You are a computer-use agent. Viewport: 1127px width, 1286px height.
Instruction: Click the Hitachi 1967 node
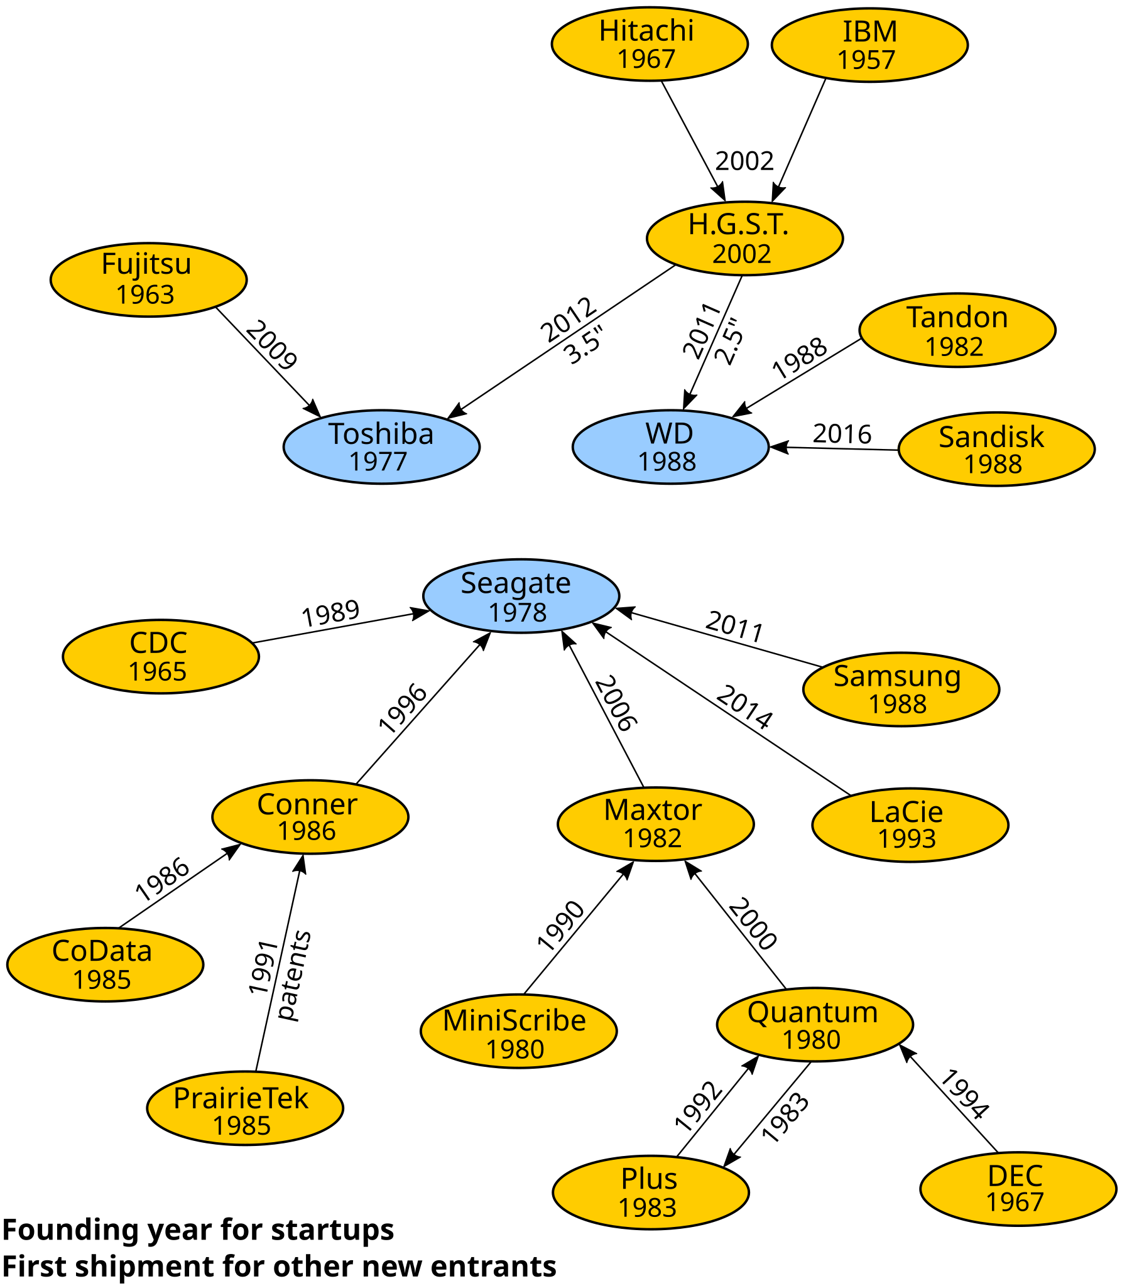[650, 44]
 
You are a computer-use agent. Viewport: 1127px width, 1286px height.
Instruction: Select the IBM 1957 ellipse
[870, 45]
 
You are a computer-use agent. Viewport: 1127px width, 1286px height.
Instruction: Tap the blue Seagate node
[521, 596]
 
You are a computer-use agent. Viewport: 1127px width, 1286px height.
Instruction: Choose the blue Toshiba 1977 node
[382, 447]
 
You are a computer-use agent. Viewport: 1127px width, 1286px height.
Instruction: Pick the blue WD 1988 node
[670, 447]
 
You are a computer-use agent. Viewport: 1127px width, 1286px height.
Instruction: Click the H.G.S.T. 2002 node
[744, 238]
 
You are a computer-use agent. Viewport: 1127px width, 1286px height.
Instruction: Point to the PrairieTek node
[245, 1108]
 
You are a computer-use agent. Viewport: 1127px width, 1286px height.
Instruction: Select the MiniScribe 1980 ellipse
[519, 1031]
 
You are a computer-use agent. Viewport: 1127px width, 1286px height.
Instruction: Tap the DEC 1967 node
[1018, 1189]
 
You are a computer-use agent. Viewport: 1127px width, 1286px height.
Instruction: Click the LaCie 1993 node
[911, 825]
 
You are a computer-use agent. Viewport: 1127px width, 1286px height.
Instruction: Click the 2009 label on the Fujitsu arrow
[271, 345]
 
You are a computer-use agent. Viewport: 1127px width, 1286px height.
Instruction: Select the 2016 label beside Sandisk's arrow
[842, 434]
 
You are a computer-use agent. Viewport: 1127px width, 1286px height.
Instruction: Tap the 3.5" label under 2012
[583, 345]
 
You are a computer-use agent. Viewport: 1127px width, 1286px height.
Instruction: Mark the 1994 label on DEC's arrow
[964, 1094]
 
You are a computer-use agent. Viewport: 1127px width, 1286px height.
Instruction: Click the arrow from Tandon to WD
[797, 378]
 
